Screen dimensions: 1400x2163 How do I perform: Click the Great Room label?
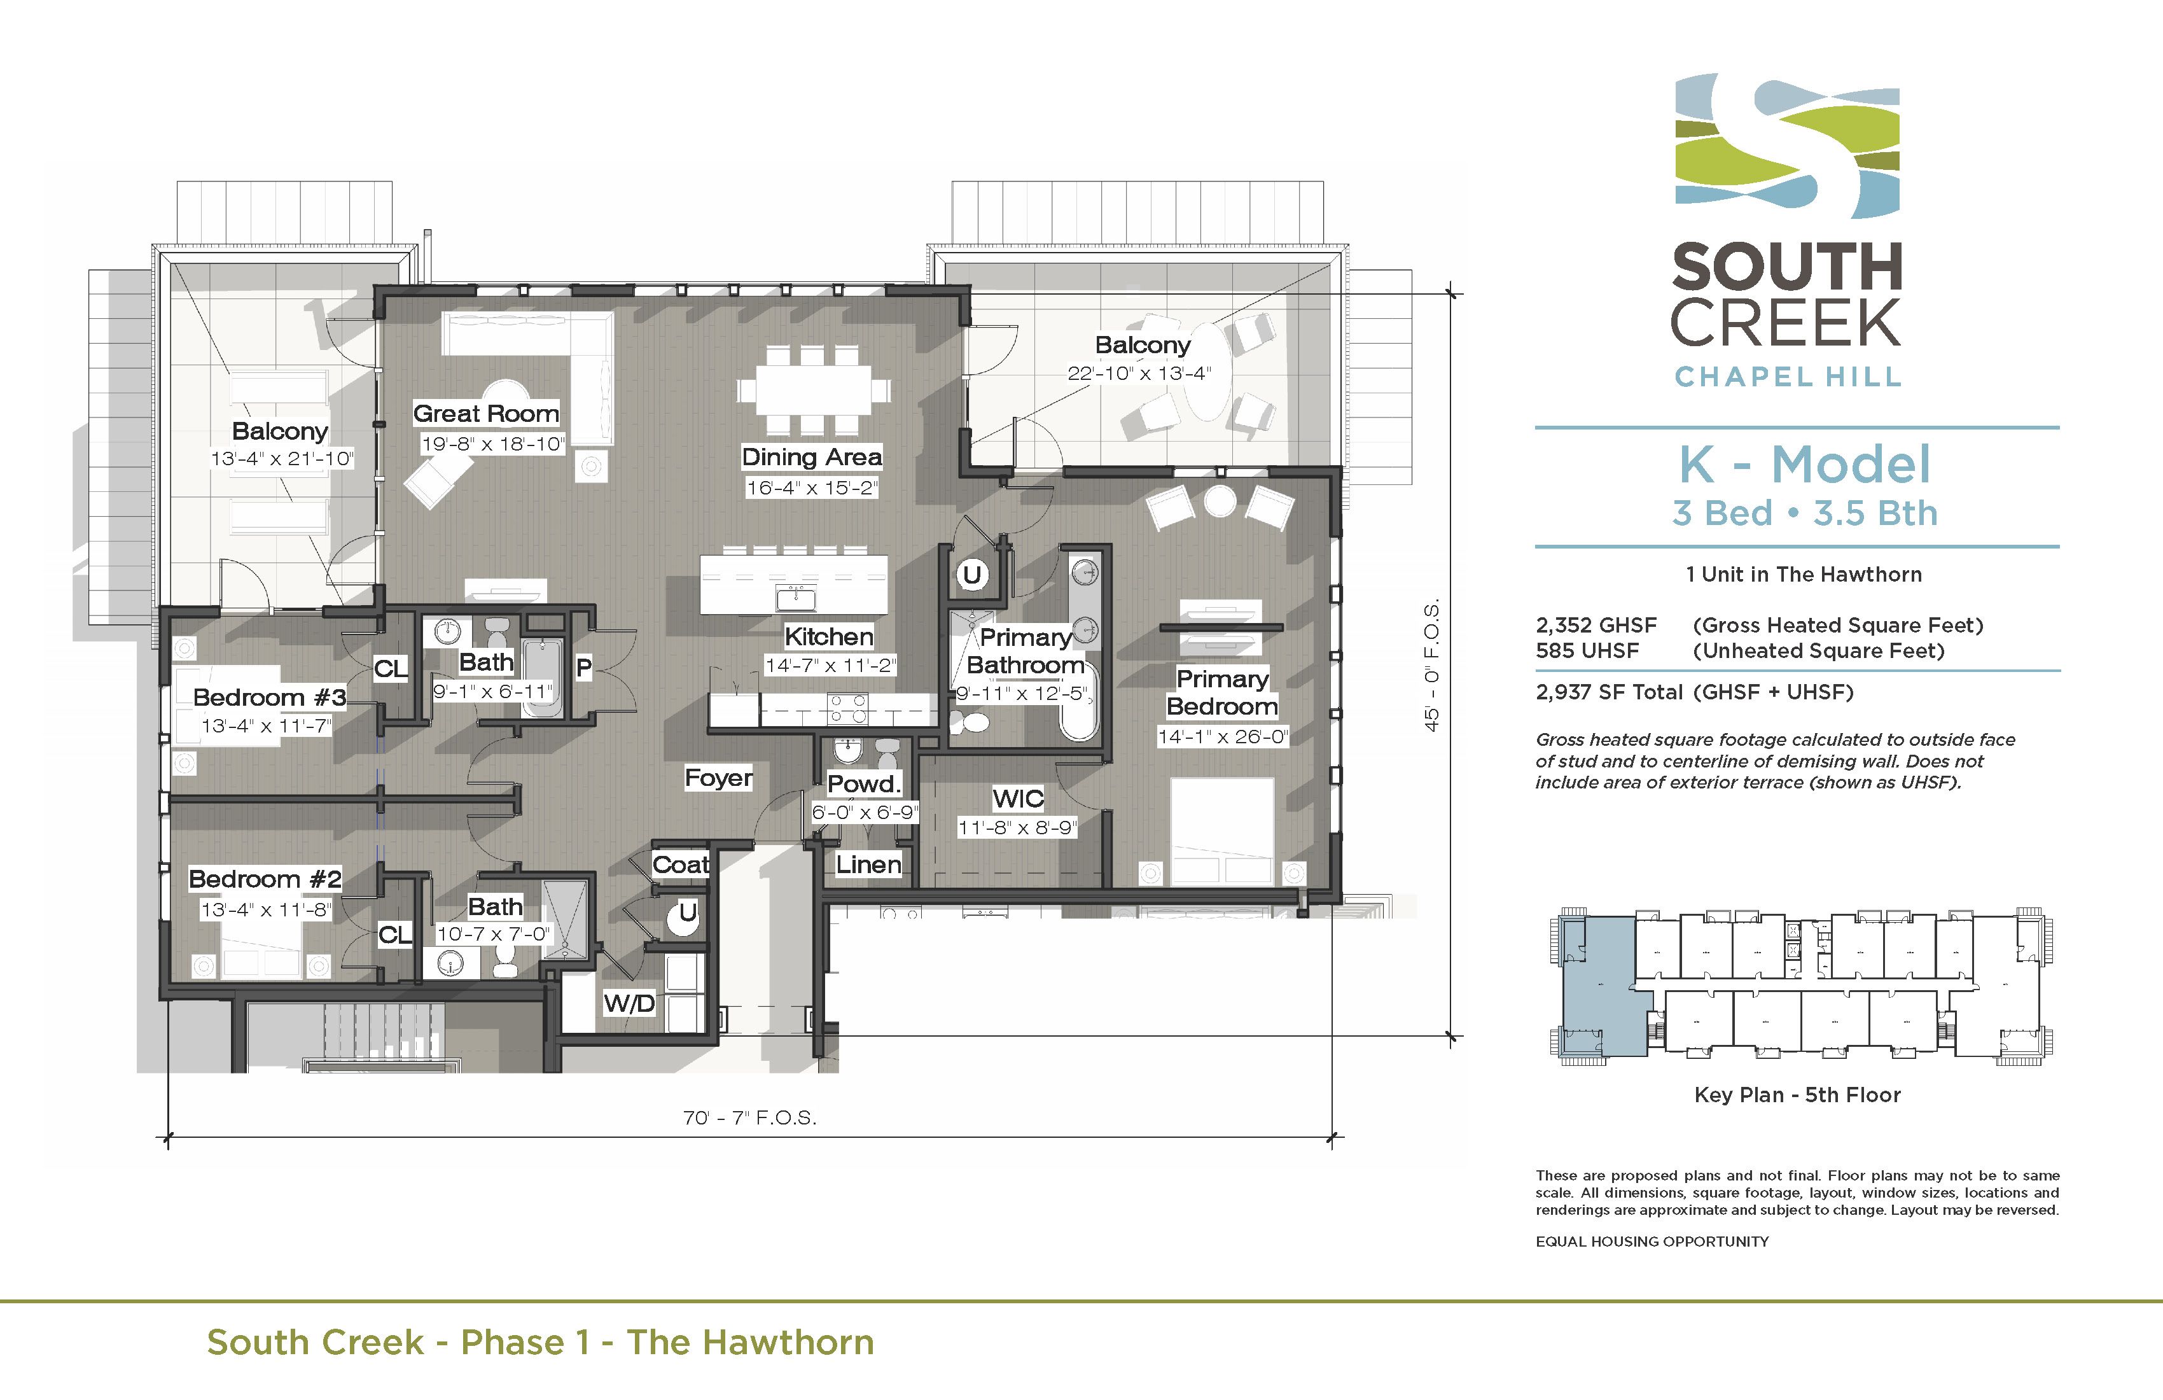tap(486, 414)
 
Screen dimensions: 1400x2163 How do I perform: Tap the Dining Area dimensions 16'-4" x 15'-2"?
tap(812, 488)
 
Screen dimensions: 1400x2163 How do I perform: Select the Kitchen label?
tap(829, 636)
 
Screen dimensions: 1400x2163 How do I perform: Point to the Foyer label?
tap(718, 778)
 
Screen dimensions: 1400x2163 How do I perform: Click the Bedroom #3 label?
tap(269, 697)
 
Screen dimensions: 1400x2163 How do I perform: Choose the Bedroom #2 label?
tap(265, 879)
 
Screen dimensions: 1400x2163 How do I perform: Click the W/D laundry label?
tap(629, 1004)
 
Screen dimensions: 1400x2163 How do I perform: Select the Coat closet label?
tap(681, 865)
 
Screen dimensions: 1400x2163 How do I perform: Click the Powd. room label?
tap(863, 783)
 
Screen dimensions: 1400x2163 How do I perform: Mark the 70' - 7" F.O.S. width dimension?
tap(750, 1118)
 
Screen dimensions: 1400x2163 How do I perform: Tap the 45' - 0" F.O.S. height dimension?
tap(1432, 664)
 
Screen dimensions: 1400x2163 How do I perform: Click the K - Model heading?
tap(1804, 465)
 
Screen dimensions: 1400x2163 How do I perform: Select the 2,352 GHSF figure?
tap(1596, 626)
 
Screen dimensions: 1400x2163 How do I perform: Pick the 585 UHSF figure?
tap(1587, 651)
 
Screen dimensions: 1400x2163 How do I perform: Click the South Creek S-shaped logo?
tap(1787, 146)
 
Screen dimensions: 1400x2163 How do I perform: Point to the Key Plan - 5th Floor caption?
tap(1797, 1095)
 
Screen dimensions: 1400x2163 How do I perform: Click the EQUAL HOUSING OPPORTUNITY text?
tap(1652, 1242)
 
